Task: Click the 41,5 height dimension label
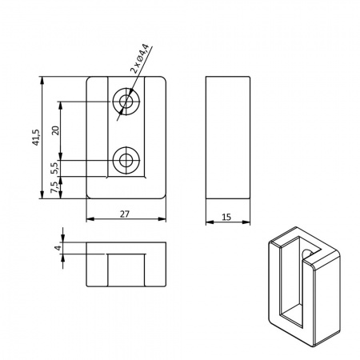tap(36, 138)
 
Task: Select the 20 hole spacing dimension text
tap(56, 130)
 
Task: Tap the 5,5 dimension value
tap(54, 168)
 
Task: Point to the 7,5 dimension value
tap(54, 187)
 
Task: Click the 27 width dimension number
tap(125, 214)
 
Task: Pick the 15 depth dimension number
tap(226, 217)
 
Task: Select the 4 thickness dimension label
tap(58, 248)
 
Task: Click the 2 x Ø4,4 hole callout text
tap(139, 58)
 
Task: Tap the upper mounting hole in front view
tap(126, 102)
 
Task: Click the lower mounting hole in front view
tap(126, 160)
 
